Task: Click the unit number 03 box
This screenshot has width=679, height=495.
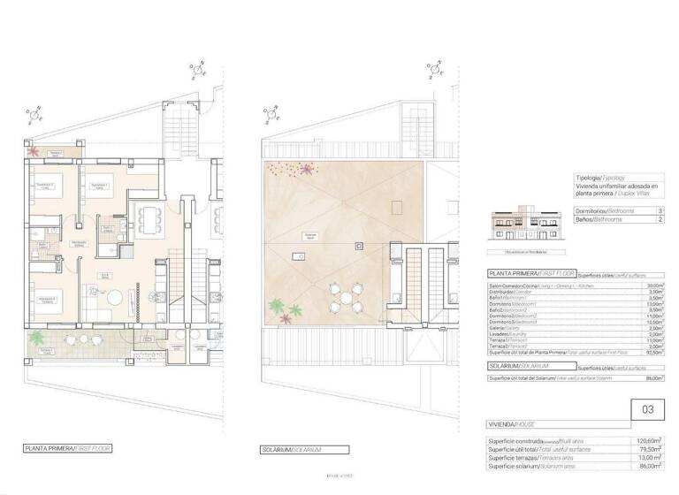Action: click(x=647, y=410)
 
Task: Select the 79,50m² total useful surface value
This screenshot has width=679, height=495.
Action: click(x=652, y=449)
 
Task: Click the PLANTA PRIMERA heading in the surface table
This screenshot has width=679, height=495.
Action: click(x=520, y=275)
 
